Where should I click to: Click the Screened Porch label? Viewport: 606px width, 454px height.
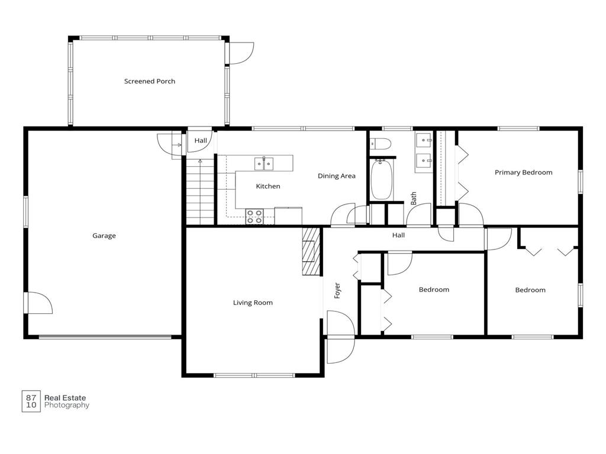point(150,81)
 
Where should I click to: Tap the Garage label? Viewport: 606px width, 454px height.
point(104,235)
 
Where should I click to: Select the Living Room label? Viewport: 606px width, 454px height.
point(253,303)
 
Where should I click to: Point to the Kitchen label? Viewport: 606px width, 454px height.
point(268,186)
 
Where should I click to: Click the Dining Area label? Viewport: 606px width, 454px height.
point(337,176)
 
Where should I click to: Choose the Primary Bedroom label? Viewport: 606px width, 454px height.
point(524,172)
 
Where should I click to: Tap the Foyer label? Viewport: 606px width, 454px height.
point(337,290)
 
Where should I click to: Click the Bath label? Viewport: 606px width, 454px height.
point(414,199)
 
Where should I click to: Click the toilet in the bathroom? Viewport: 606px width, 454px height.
point(381,144)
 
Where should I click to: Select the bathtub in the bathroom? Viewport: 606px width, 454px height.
point(382,180)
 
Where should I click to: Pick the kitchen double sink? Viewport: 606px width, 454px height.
point(264,164)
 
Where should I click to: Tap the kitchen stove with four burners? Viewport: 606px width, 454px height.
point(254,216)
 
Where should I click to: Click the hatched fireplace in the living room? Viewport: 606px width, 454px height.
point(311,251)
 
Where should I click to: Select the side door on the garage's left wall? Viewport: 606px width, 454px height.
point(38,303)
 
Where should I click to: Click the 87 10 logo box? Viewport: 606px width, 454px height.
point(31,401)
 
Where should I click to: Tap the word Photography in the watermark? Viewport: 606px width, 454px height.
point(67,405)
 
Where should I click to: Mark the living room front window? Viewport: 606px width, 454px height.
point(254,375)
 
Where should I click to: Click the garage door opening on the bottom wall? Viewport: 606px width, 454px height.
point(105,337)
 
